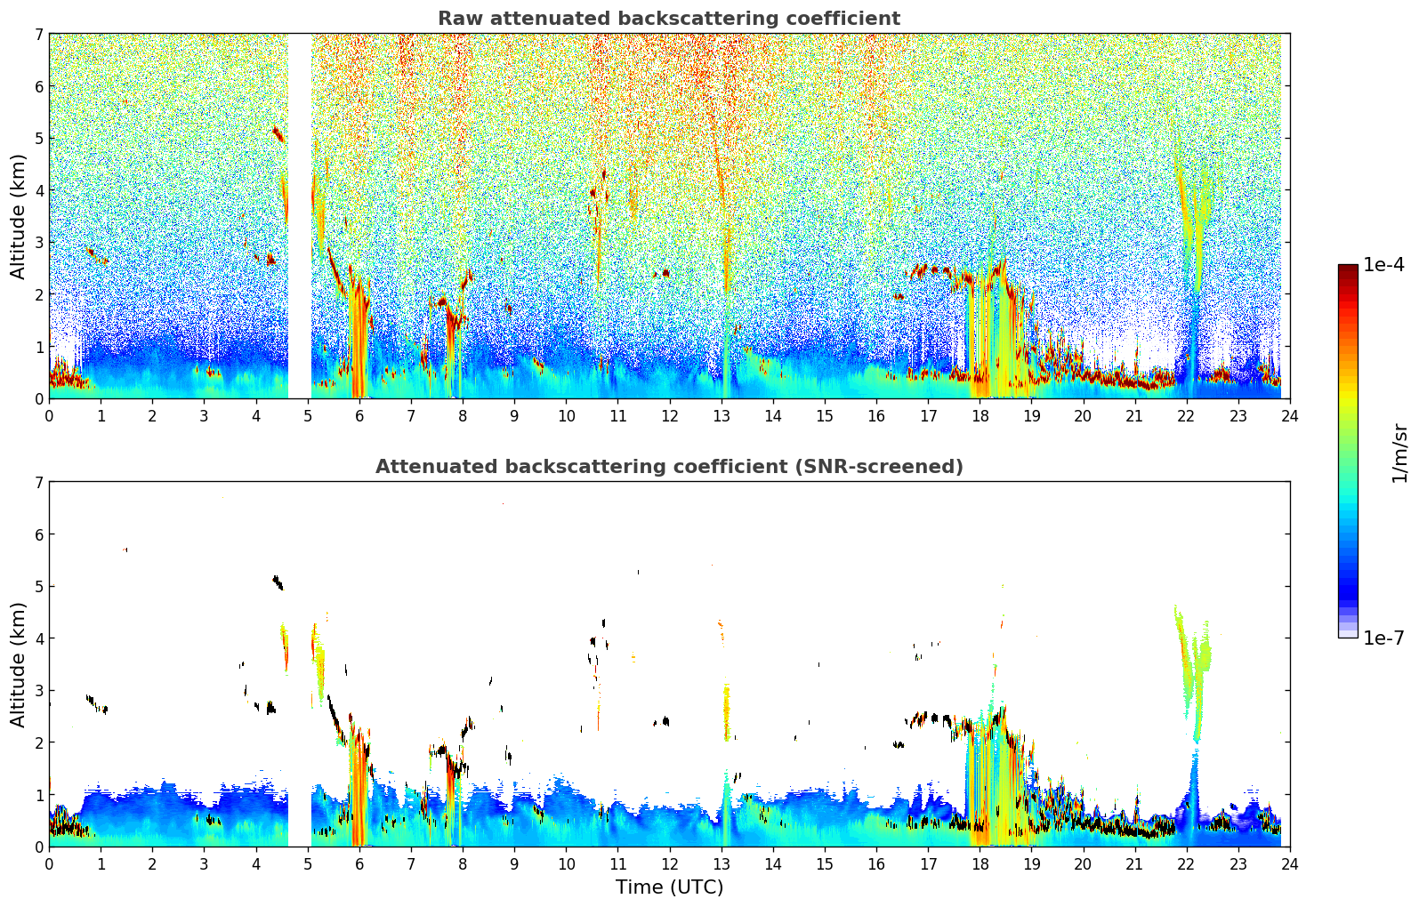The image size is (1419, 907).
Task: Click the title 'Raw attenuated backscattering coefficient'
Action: (x=669, y=19)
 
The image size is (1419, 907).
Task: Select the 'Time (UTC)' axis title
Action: (x=669, y=887)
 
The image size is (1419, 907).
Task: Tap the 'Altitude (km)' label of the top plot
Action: (x=19, y=216)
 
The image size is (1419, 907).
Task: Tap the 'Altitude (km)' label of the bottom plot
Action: (x=19, y=664)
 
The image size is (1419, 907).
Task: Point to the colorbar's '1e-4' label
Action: (x=1383, y=265)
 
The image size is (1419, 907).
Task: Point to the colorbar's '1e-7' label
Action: (x=1383, y=638)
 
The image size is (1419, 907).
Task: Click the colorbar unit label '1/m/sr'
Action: (x=1399, y=453)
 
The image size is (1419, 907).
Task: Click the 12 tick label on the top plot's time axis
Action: (x=669, y=415)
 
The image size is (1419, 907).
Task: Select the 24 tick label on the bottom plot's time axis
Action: (x=1289, y=863)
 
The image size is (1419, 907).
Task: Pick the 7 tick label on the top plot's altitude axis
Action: (x=38, y=35)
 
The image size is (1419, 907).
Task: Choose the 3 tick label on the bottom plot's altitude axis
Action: (x=38, y=690)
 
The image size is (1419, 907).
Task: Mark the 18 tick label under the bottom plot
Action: (x=979, y=863)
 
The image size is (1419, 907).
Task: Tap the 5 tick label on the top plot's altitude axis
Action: (x=38, y=139)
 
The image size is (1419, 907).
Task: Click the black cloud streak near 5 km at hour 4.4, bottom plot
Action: (x=278, y=582)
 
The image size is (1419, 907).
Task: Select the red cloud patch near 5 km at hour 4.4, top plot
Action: (x=278, y=134)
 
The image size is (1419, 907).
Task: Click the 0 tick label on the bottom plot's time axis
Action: (x=49, y=863)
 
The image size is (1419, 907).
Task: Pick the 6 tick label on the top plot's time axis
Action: (x=359, y=415)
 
